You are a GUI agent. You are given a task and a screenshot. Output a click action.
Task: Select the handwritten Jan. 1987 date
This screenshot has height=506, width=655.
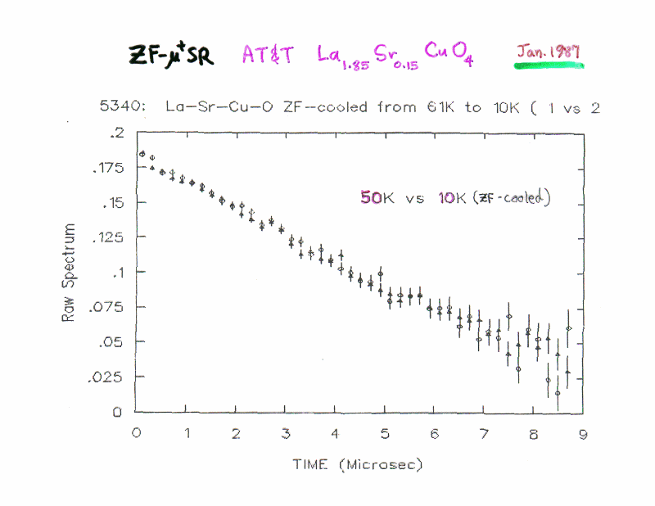(x=548, y=51)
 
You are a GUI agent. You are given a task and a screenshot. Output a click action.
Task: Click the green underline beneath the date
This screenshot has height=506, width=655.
(x=549, y=64)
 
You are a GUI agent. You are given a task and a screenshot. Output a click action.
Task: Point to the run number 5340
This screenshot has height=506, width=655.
(x=114, y=107)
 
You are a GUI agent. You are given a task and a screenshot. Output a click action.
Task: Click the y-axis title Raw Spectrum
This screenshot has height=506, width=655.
(x=70, y=272)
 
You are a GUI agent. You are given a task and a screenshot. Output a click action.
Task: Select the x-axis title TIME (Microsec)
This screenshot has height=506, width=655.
(x=359, y=465)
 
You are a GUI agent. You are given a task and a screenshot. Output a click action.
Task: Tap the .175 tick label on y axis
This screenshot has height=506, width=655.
(x=106, y=168)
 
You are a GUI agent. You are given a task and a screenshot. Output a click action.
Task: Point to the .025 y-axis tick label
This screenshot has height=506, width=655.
(x=106, y=377)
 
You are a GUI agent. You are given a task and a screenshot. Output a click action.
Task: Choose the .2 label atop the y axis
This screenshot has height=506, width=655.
(x=118, y=133)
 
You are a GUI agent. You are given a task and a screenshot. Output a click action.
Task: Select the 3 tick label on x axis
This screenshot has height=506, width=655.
(x=286, y=434)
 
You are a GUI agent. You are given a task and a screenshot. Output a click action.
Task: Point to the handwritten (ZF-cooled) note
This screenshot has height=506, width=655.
(x=513, y=197)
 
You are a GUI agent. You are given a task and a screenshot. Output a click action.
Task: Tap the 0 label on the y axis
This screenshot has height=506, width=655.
(x=118, y=413)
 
